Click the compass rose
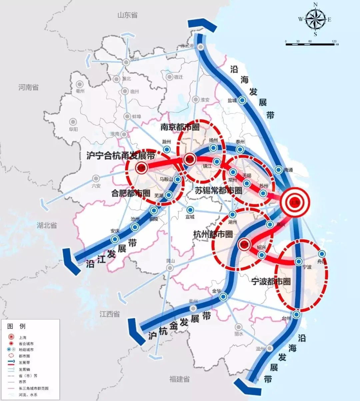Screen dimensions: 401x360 click(x=315, y=19)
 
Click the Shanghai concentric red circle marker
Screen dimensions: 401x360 click(x=295, y=202)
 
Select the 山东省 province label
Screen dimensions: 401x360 click(x=127, y=15)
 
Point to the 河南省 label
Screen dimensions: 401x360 click(x=28, y=88)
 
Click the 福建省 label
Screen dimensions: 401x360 click(x=179, y=379)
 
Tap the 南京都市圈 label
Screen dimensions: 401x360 click(x=180, y=127)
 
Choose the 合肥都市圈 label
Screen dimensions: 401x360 click(x=131, y=193)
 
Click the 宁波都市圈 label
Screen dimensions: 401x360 click(x=271, y=282)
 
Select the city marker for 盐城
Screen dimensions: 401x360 click(x=243, y=100)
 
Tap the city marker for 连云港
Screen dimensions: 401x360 click(x=201, y=47)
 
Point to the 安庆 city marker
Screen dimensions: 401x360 click(x=115, y=239)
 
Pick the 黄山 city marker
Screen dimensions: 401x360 click(x=170, y=268)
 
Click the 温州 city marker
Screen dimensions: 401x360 click(x=269, y=348)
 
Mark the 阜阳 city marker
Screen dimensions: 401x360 click(x=73, y=122)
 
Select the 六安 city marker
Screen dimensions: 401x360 click(x=96, y=179)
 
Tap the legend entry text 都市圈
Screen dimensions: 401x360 click(x=24, y=356)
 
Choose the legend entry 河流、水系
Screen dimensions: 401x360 click(x=28, y=395)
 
